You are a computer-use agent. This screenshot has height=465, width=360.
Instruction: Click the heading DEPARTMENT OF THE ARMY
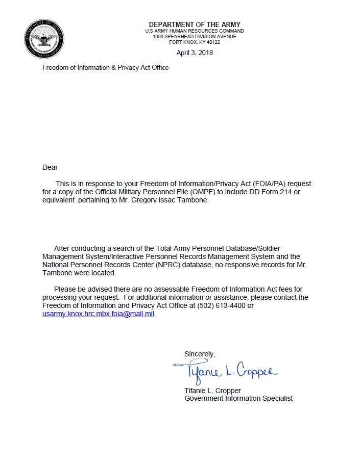click(194, 24)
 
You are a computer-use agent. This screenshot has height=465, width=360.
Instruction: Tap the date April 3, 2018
click(195, 53)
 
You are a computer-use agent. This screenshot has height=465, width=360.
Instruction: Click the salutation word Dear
click(50, 167)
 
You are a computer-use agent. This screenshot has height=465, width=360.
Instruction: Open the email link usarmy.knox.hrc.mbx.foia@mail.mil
click(98, 314)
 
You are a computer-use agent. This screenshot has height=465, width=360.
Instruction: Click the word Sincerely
click(200, 354)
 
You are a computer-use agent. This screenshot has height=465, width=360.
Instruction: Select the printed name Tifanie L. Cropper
click(212, 391)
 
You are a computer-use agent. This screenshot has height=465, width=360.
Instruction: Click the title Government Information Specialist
click(238, 398)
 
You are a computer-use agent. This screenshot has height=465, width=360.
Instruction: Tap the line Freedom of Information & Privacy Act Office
click(105, 67)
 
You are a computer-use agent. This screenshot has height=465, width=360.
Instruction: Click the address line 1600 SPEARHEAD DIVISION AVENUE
click(195, 36)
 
